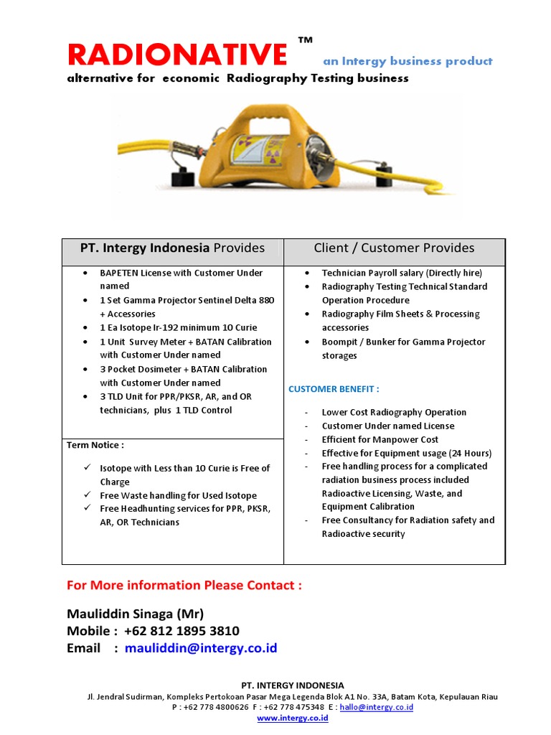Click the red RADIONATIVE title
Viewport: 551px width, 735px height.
176,56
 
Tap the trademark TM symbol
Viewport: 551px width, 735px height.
305,41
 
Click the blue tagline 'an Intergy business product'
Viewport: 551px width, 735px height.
408,62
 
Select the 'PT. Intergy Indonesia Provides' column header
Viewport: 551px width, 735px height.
172,248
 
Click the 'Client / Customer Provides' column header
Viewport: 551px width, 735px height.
394,248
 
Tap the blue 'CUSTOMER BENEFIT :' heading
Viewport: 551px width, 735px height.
334,389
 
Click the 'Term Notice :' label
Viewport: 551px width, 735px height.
95,445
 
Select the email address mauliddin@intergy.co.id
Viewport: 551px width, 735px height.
200,649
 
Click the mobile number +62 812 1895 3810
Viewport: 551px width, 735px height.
182,632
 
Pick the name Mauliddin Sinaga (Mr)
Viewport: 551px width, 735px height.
136,614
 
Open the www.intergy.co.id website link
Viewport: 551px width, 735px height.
292,718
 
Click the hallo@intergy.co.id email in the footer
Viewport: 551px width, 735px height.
376,707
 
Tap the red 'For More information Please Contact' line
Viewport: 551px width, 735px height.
184,586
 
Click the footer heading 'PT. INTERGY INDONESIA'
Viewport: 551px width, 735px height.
292,685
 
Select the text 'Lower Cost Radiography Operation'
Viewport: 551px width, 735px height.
394,413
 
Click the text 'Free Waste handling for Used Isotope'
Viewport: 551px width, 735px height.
178,496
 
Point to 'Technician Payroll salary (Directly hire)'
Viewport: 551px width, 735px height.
402,273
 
